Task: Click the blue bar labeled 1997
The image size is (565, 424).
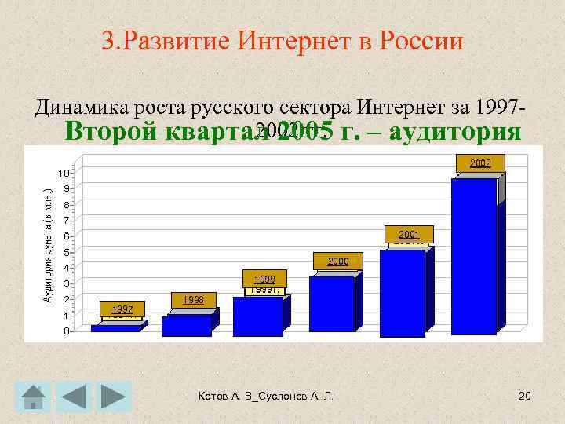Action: point(115,328)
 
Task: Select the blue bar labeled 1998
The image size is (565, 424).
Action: point(186,325)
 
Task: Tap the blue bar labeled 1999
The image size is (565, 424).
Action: point(257,316)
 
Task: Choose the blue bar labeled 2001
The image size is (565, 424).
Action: point(402,292)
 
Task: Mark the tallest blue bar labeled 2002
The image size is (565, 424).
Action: point(473,255)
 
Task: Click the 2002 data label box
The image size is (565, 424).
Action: point(481,163)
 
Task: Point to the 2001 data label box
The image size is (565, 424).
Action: point(409,234)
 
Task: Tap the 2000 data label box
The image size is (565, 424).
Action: point(339,261)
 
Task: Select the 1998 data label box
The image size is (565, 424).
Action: point(193,300)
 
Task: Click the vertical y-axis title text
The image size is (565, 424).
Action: point(48,245)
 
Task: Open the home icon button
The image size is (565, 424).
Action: point(33,397)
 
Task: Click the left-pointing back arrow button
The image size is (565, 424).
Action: point(76,397)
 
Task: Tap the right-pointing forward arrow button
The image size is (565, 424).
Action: point(116,397)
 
